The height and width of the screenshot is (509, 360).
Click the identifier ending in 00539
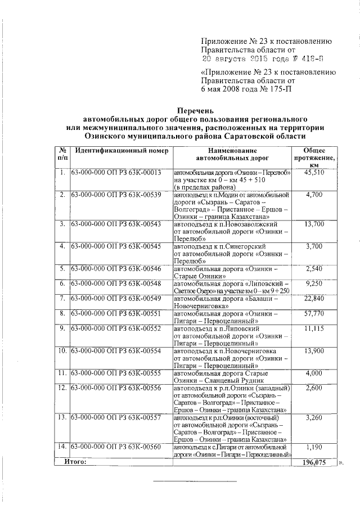coord(116,195)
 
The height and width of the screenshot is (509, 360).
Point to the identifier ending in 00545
coord(116,246)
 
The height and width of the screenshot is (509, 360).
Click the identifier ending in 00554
coord(116,350)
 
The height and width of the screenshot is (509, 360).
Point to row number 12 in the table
coord(63,388)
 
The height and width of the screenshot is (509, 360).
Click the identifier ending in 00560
coord(116,447)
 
